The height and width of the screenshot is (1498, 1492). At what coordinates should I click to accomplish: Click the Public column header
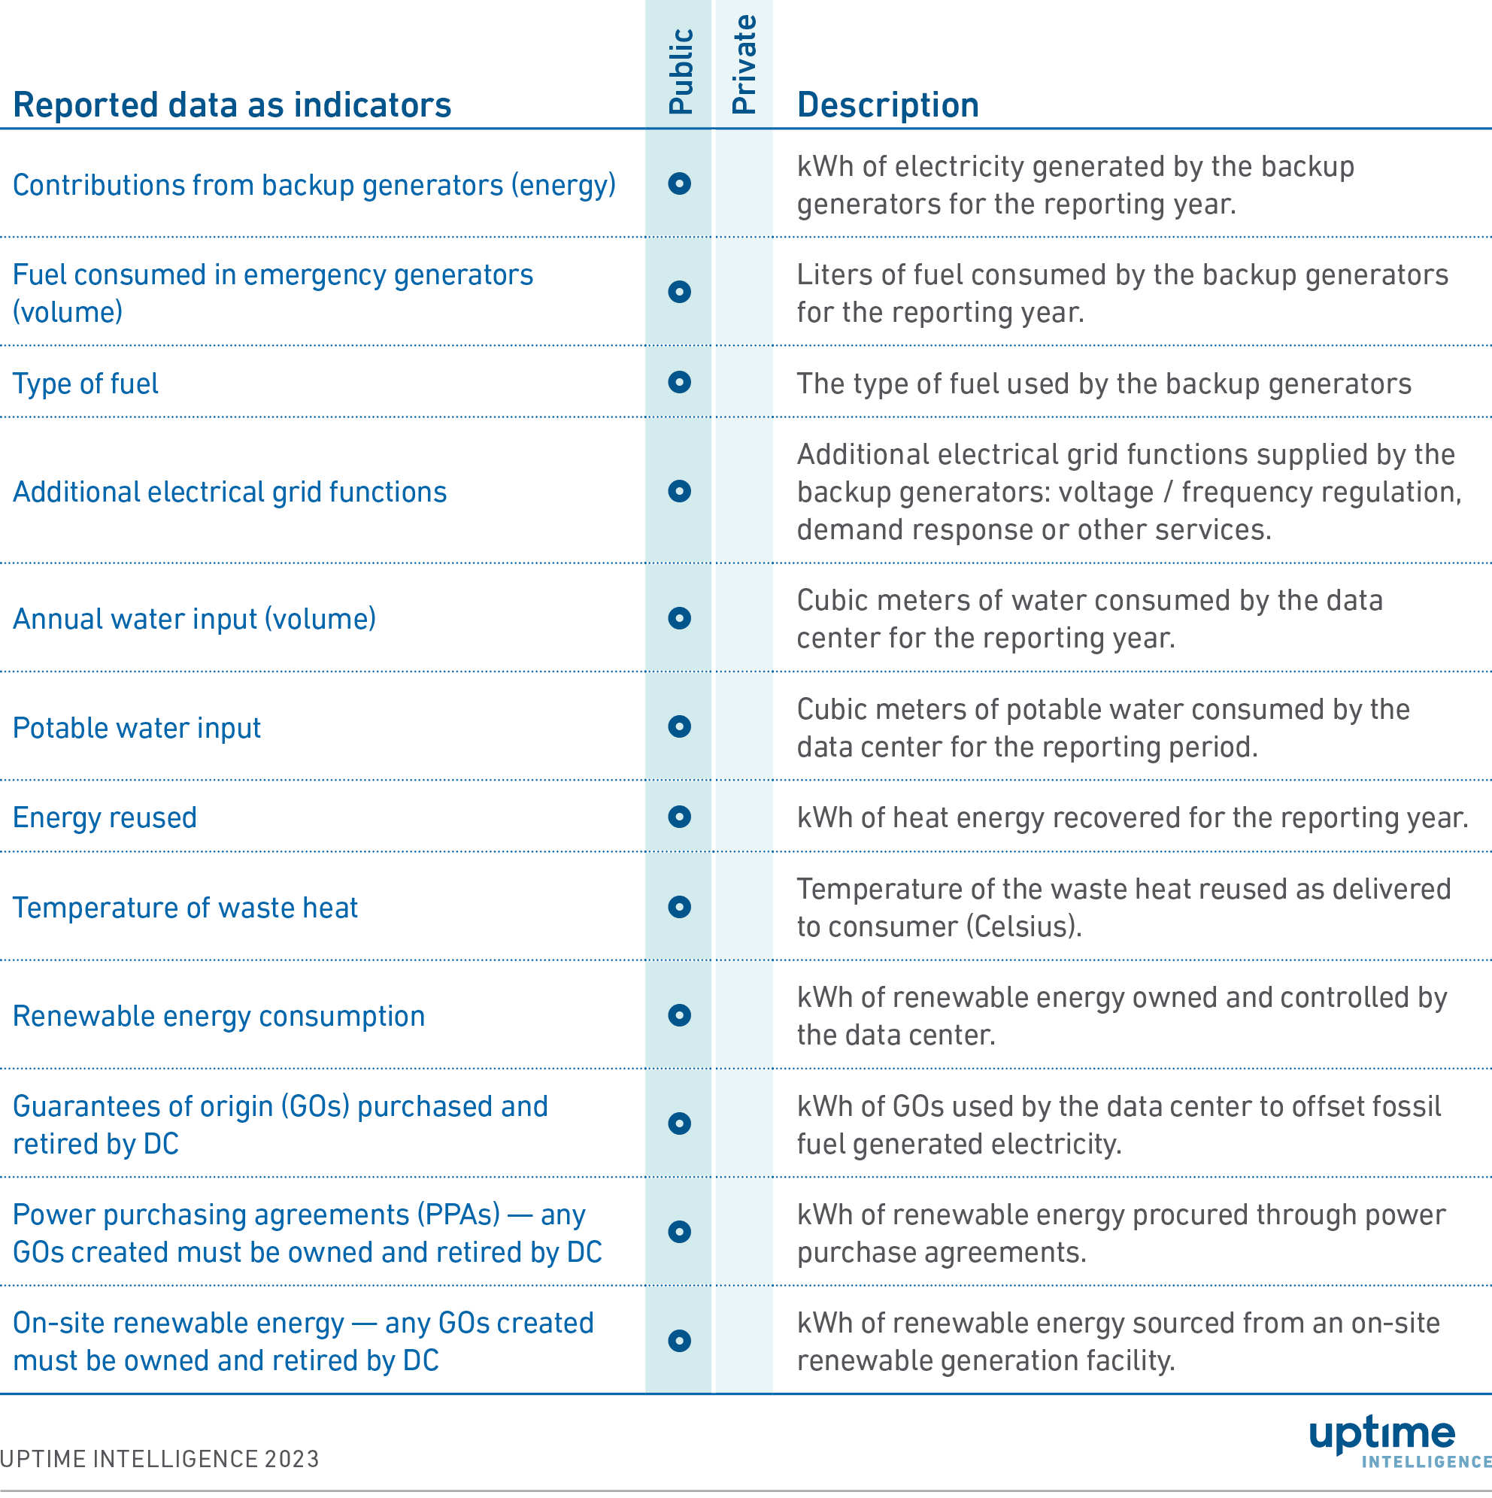tap(679, 71)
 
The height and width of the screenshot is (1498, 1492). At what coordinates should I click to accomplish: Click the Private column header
tap(744, 65)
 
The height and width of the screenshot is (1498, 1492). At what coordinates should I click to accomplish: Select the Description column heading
tap(887, 105)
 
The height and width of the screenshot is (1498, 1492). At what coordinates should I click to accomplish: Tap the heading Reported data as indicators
tap(232, 105)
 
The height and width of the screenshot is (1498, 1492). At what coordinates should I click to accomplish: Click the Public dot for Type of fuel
tap(679, 382)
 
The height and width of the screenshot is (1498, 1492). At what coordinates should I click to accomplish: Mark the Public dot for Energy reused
tap(679, 817)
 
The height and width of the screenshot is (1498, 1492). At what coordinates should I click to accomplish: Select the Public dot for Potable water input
tap(679, 726)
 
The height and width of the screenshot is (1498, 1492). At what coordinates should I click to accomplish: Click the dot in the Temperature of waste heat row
tap(679, 907)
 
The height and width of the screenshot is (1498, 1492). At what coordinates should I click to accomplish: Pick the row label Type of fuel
tap(85, 384)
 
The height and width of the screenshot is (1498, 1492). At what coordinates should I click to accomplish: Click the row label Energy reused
tap(105, 818)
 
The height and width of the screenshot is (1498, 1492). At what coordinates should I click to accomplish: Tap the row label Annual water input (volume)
tap(194, 619)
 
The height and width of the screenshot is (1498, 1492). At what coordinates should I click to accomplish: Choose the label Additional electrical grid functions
tap(229, 493)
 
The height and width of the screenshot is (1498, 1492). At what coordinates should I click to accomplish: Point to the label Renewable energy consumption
tap(219, 1016)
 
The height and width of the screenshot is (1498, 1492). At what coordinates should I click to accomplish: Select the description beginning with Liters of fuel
tap(1122, 293)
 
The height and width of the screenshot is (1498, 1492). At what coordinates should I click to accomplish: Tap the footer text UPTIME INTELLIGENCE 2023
tap(159, 1459)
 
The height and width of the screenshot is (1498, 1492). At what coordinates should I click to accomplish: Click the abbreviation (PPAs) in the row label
tap(458, 1214)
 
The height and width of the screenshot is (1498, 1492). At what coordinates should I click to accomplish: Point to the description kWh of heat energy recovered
tap(1133, 818)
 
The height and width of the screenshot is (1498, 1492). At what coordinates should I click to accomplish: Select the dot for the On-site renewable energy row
tap(679, 1341)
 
